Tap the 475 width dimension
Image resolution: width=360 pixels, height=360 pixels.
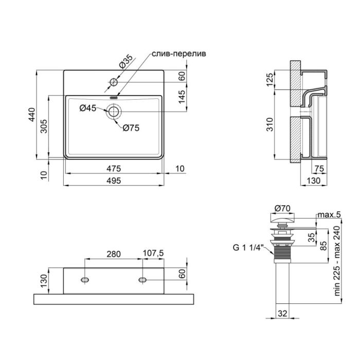click(114, 168)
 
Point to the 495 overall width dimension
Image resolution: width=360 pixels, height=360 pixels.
click(114, 181)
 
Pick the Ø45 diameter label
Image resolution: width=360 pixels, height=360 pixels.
click(88, 107)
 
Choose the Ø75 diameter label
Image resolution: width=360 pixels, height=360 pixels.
click(131, 129)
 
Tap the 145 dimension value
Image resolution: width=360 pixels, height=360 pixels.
click(182, 97)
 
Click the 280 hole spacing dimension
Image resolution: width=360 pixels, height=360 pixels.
click(113, 254)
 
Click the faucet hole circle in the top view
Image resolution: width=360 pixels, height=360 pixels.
click(114, 82)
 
